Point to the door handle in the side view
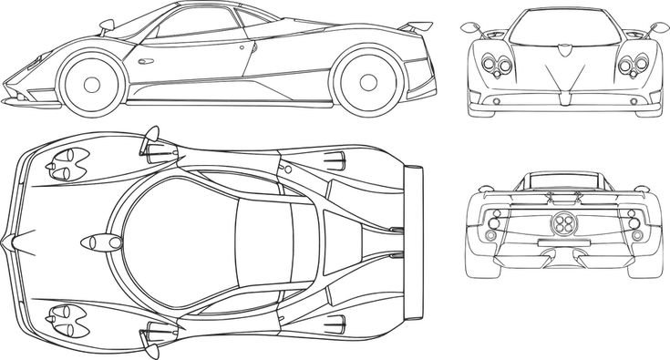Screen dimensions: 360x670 pyautogui.click(x=244, y=52)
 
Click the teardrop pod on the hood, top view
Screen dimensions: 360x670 pyautogui.click(x=101, y=242)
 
